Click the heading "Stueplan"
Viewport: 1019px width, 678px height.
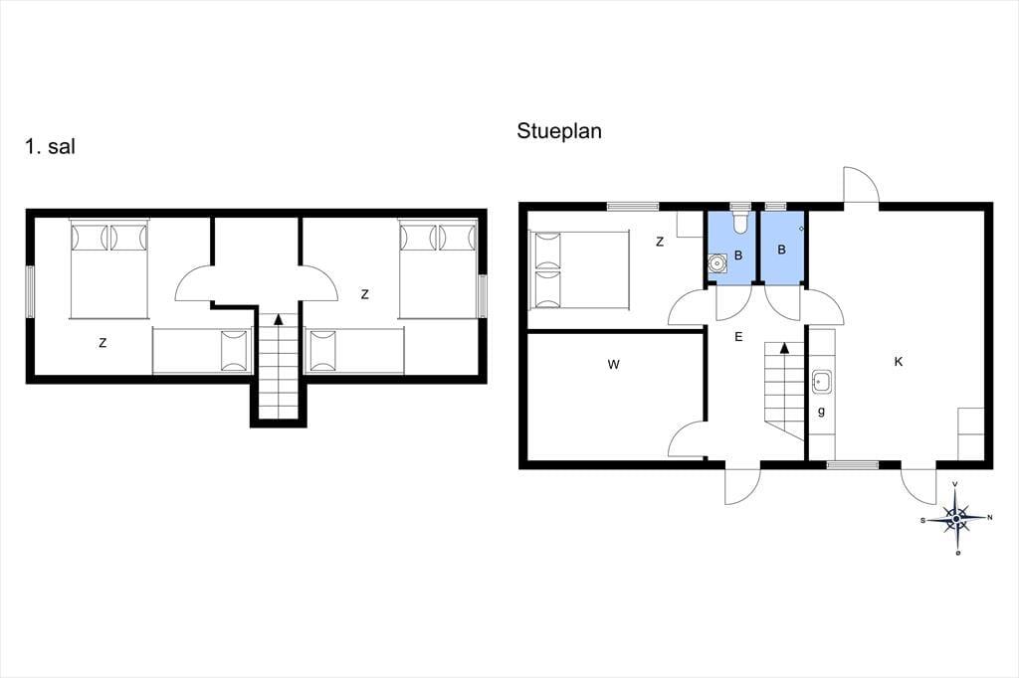(x=559, y=131)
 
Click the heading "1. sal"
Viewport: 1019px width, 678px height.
(x=50, y=147)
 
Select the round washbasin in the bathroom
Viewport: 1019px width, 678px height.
(x=717, y=264)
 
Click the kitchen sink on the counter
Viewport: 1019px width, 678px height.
(x=821, y=382)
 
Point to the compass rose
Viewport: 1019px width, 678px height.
(x=956, y=518)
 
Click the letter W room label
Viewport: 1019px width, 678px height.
(x=613, y=364)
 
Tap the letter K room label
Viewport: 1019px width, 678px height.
(x=899, y=362)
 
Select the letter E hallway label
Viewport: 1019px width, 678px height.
(x=738, y=336)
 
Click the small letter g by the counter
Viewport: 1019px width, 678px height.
(x=821, y=412)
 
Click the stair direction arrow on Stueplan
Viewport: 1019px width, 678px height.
(x=784, y=347)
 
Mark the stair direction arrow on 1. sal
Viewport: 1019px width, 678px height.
(x=279, y=319)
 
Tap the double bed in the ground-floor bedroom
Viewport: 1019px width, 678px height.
(x=580, y=268)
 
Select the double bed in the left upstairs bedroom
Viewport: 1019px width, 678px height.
(x=109, y=268)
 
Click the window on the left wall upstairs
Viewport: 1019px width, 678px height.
(x=30, y=291)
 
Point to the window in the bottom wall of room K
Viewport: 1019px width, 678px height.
(x=853, y=465)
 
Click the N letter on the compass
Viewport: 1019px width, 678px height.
(x=990, y=518)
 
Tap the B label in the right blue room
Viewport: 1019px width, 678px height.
(x=782, y=250)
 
